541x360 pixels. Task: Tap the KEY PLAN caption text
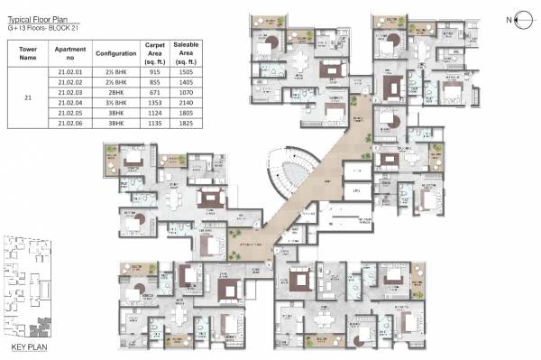point(29,346)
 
